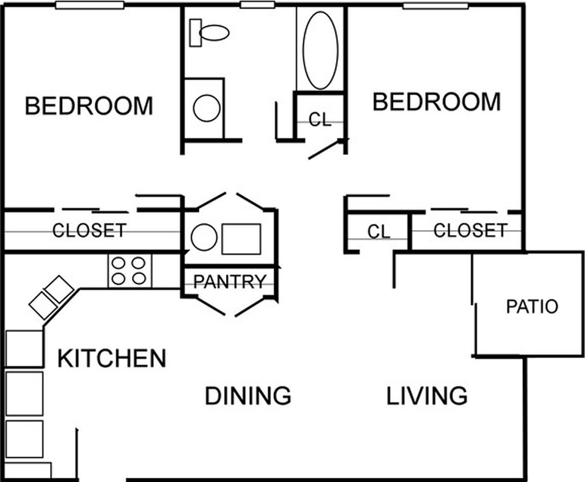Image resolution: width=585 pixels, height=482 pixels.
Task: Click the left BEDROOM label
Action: point(89,105)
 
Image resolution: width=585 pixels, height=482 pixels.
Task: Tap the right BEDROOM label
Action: point(437,101)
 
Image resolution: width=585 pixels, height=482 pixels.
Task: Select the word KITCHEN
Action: point(111,358)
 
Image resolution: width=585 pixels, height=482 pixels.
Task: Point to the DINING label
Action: point(248,395)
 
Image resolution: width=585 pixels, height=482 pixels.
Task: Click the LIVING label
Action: point(427,395)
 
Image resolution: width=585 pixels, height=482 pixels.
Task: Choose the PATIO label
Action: point(532,306)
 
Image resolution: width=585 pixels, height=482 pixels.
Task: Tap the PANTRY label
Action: point(230,281)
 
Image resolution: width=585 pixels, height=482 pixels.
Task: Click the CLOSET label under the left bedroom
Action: point(89,230)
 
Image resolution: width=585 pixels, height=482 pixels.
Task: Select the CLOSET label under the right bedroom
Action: point(470,230)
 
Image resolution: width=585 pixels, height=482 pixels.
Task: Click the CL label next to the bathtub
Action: point(320,120)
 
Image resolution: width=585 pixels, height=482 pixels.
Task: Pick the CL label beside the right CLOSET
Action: point(379,232)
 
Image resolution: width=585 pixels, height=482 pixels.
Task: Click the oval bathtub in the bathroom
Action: point(321,51)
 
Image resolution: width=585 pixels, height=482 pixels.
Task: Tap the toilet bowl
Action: point(214,33)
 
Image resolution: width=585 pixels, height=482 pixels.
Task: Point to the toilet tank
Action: point(195,33)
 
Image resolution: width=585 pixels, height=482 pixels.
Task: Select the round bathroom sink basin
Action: point(206,108)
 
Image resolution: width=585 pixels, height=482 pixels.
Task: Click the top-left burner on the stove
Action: point(119,263)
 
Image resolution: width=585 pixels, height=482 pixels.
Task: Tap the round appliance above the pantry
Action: point(204,237)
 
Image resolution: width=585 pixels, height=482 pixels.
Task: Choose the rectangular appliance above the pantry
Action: point(242,239)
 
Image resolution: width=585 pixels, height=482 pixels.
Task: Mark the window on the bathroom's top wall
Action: point(257,5)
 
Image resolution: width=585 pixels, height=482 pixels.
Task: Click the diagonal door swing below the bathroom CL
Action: point(327,149)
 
